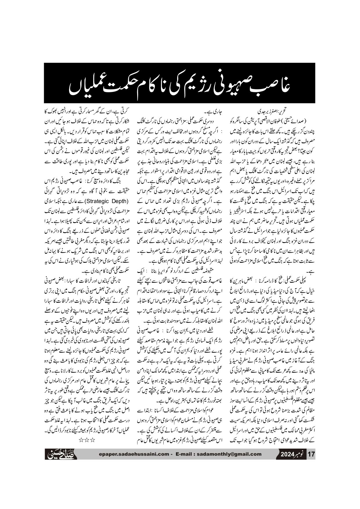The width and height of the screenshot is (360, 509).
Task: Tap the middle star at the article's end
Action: coord(87,440)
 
